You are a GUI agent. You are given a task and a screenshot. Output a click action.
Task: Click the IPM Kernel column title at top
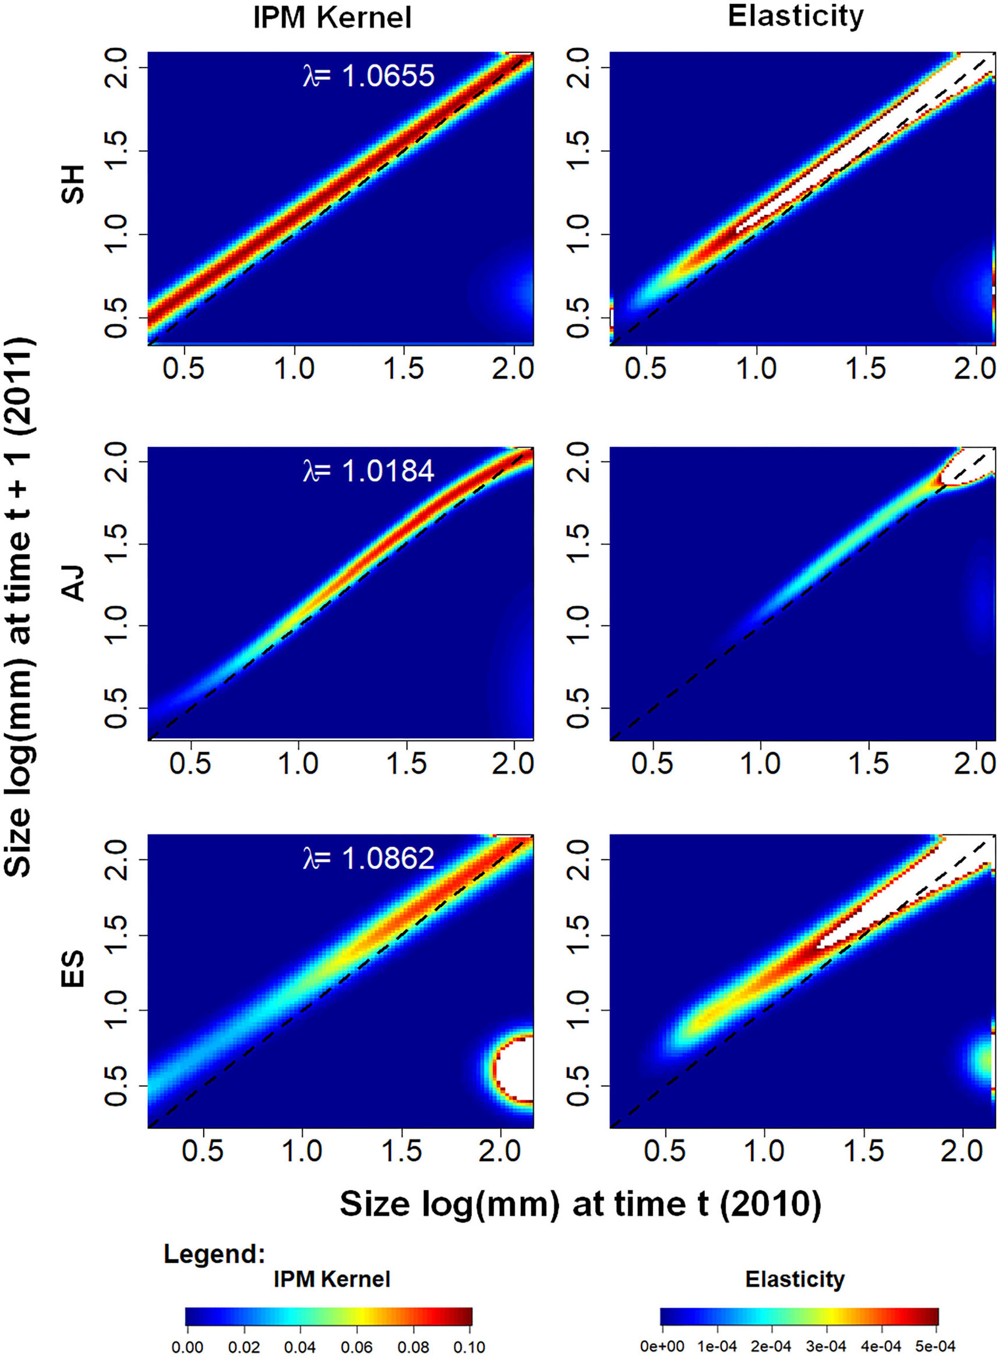(x=332, y=18)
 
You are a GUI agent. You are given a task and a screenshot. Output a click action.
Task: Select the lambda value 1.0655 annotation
(x=368, y=76)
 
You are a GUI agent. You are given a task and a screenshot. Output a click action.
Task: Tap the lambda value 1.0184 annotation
(x=368, y=471)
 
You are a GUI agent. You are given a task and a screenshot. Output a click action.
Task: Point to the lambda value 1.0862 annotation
(x=368, y=858)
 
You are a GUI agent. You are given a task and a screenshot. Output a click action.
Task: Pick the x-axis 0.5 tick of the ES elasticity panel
(x=665, y=1150)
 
